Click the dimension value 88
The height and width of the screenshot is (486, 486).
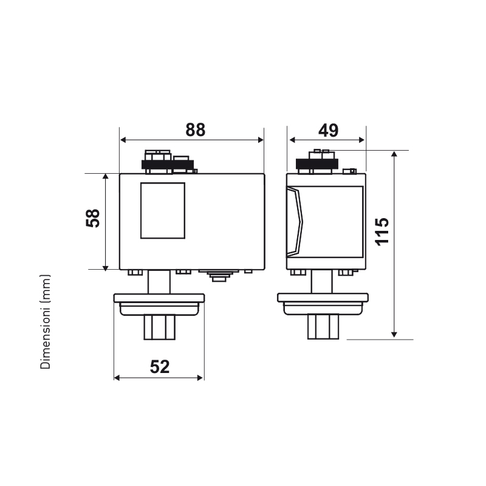(x=195, y=130)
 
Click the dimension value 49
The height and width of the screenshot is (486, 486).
(x=328, y=131)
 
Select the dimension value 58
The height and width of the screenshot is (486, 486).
(x=93, y=218)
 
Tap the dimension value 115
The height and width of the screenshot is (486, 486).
(x=382, y=232)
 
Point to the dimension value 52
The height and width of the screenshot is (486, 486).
(x=160, y=367)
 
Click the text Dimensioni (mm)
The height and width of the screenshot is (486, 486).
(x=45, y=321)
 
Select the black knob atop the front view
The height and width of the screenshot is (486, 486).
(x=168, y=165)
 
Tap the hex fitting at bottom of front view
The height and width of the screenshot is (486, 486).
(x=159, y=327)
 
